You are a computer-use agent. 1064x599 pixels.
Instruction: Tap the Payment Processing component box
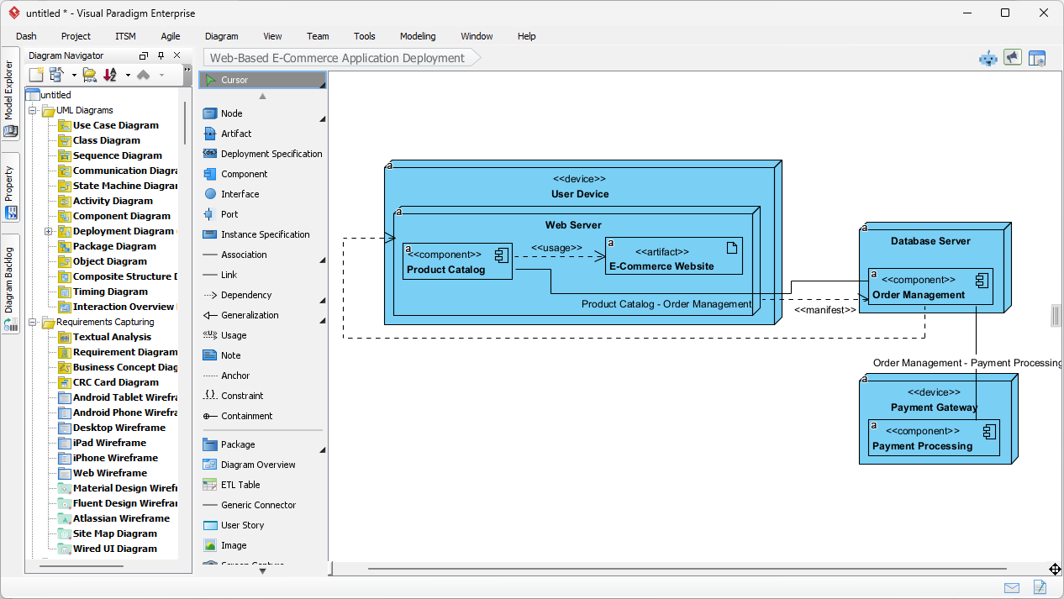[934, 438]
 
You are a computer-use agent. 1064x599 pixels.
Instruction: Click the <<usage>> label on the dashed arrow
[556, 248]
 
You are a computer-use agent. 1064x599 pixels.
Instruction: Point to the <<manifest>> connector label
[824, 309]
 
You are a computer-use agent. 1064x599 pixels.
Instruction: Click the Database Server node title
[930, 241]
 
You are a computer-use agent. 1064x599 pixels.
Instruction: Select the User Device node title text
[579, 194]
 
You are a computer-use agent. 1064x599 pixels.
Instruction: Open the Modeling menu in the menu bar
[418, 36]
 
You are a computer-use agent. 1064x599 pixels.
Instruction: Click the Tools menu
[364, 36]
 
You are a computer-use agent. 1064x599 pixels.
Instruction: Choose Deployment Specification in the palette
[271, 154]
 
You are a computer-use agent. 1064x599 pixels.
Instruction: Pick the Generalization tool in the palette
[250, 315]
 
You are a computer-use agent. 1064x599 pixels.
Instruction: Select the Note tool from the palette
[230, 355]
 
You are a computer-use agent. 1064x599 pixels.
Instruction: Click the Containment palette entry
[246, 416]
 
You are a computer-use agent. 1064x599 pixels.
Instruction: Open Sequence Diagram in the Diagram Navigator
[117, 155]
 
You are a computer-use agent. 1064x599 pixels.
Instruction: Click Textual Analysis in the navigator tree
[112, 337]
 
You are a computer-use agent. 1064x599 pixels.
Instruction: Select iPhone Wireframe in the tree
[115, 458]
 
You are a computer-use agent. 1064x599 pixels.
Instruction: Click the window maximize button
[1005, 13]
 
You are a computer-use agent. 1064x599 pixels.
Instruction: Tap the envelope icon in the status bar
[1012, 587]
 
